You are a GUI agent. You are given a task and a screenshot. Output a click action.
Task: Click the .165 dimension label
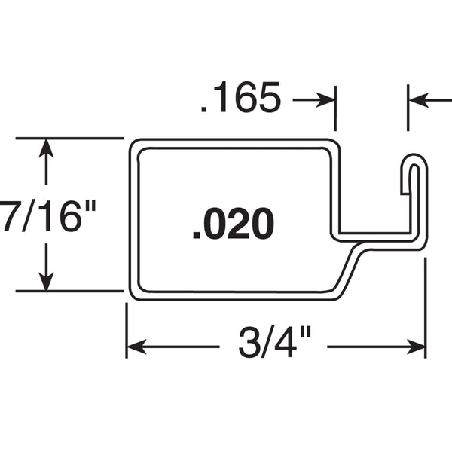[241, 97]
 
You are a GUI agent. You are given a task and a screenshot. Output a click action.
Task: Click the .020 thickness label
[234, 223]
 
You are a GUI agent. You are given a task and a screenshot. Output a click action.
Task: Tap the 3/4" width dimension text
[275, 342]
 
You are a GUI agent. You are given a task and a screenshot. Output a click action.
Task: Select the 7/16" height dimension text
[47, 215]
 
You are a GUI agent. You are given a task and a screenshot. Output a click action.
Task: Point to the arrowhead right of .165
[325, 100]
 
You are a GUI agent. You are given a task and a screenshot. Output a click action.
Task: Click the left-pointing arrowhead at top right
[419, 100]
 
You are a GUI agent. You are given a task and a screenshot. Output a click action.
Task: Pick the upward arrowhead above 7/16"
[46, 148]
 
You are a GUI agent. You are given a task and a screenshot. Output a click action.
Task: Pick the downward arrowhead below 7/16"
[46, 281]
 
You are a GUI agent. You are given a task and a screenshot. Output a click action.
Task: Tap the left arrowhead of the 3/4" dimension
[136, 347]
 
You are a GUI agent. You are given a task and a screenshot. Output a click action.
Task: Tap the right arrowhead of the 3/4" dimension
[416, 347]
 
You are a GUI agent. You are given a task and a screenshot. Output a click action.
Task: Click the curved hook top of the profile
[414, 159]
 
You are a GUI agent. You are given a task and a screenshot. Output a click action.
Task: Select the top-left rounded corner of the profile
[134, 144]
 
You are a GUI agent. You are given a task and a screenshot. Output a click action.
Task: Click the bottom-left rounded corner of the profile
[134, 295]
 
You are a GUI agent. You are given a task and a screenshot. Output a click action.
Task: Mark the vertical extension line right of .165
[335, 108]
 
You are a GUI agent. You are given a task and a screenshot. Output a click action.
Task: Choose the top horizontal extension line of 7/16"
[70, 139]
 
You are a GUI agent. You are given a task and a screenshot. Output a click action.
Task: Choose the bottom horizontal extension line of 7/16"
[70, 291]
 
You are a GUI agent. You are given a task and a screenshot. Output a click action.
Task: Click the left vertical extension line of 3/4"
[127, 331]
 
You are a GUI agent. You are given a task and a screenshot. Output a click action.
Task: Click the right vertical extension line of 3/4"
[426, 308]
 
